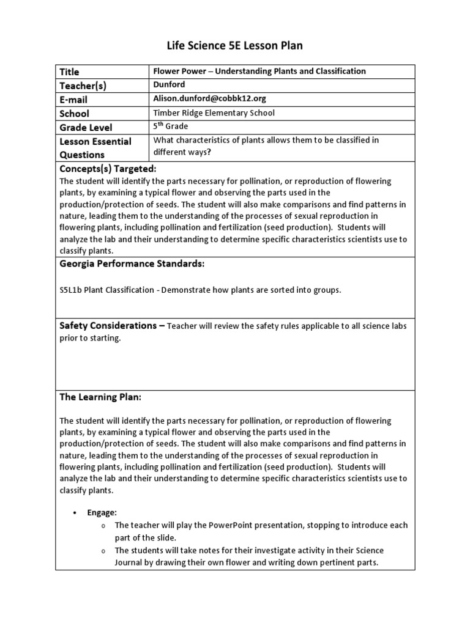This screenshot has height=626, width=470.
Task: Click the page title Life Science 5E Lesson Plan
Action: click(235, 46)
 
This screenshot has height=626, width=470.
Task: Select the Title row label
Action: click(69, 72)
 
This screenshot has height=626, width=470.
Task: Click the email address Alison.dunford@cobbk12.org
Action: click(209, 98)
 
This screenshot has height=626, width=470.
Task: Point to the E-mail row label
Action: click(74, 100)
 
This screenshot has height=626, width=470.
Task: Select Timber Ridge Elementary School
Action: click(214, 112)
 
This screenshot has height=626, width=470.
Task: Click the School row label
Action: click(74, 114)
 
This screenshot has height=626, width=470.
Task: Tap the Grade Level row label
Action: click(86, 128)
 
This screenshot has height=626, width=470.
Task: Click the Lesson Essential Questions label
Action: click(95, 148)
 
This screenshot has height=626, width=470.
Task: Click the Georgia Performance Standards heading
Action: click(132, 263)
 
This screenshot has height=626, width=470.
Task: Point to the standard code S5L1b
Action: click(72, 290)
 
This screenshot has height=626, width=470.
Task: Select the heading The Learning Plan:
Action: click(100, 397)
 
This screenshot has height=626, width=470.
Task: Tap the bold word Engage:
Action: click(102, 513)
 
